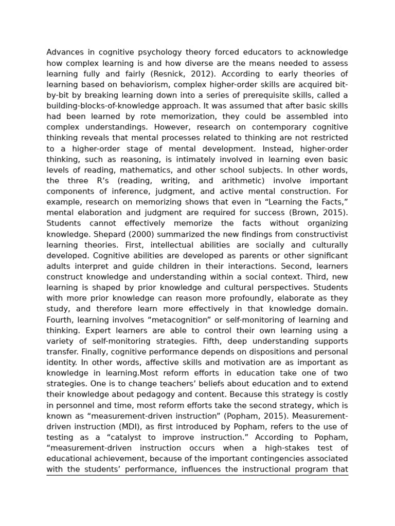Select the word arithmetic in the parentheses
click(x=235, y=180)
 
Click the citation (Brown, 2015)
click(x=319, y=212)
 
